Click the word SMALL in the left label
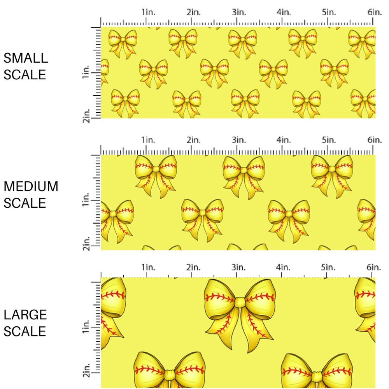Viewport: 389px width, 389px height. click(26, 58)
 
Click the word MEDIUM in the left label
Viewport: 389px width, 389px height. click(31, 187)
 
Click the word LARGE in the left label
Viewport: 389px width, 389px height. click(25, 315)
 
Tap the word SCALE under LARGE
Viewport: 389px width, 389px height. click(25, 331)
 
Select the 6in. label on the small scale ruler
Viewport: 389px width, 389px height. click(374, 12)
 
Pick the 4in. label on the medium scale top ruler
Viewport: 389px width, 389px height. click(284, 140)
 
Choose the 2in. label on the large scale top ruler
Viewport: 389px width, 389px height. click(193, 267)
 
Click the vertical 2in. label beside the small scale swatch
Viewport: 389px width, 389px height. click(86, 116)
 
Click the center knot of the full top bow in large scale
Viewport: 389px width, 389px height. click(240, 302)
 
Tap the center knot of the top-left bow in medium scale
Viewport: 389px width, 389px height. click(156, 169)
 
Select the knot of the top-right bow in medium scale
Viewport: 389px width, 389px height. click(332, 169)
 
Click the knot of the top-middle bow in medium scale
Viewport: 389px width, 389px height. click(244, 170)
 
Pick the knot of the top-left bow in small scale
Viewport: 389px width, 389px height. click(123, 39)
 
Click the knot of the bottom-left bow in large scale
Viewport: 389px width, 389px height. click(169, 375)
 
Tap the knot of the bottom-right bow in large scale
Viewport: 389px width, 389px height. click(317, 376)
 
